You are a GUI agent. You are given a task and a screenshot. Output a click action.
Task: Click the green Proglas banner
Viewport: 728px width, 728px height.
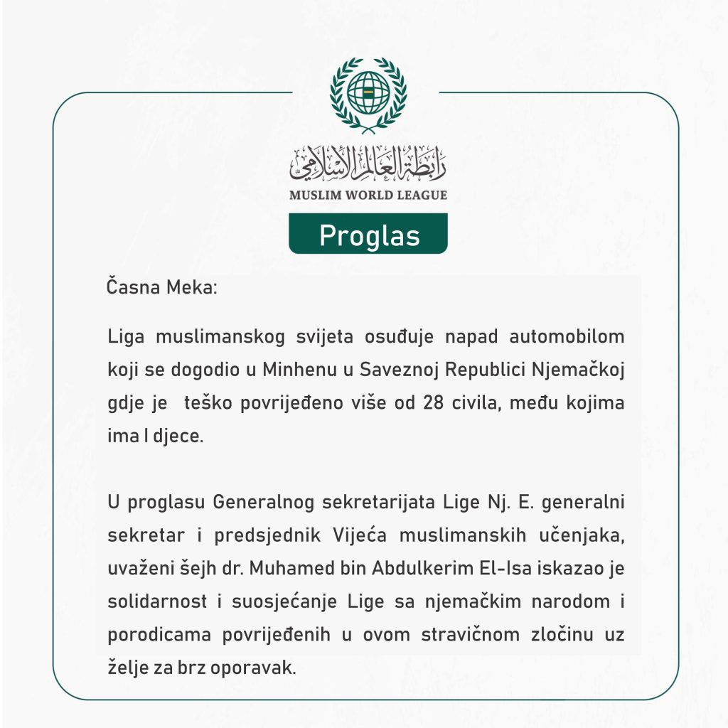(x=368, y=234)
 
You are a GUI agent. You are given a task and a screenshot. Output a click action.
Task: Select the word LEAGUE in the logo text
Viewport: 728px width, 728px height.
(x=419, y=195)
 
